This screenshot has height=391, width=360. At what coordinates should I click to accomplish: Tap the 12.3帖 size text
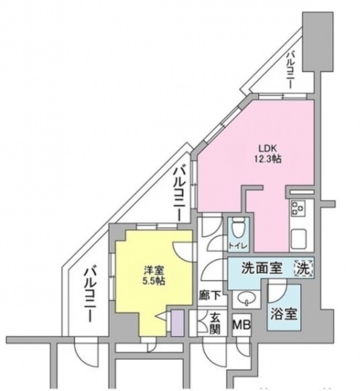[267, 158]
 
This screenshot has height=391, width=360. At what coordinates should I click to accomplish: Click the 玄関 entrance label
[214, 324]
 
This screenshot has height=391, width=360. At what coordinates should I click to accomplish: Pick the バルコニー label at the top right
[291, 69]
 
